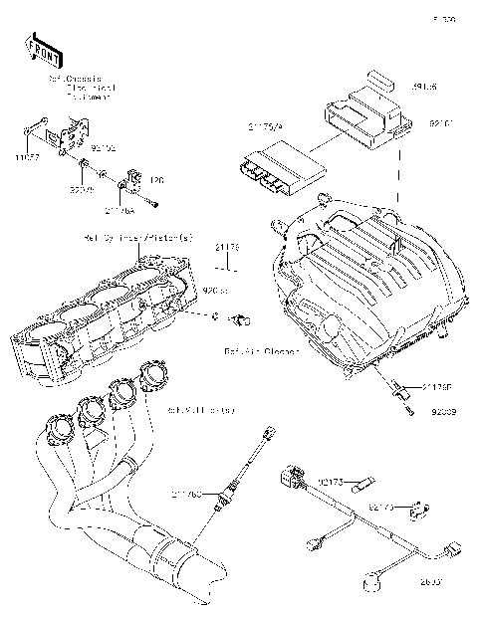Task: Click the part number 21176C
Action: (x=187, y=493)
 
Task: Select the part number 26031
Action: (x=433, y=581)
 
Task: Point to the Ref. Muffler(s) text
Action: (x=202, y=409)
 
